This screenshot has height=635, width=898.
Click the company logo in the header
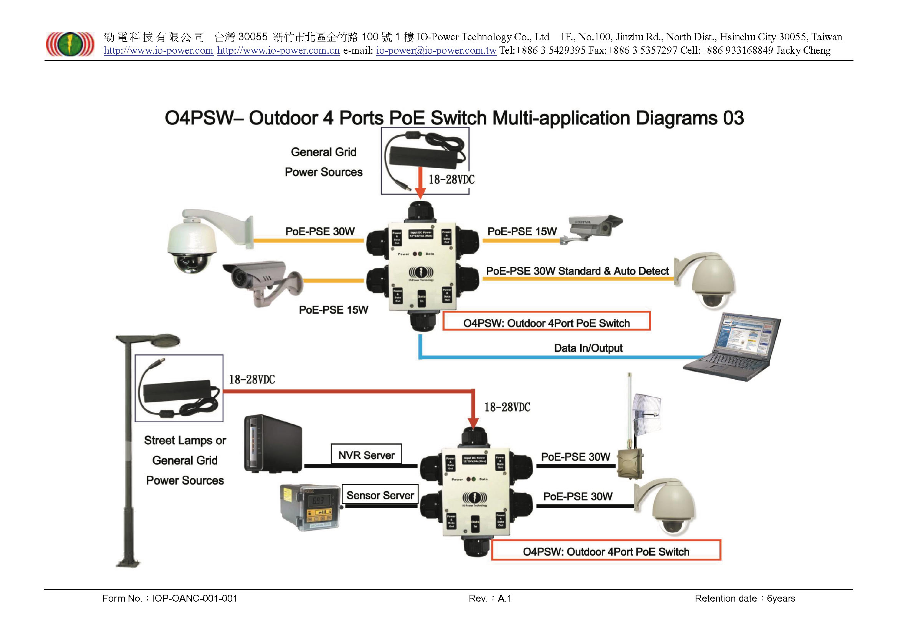pyautogui.click(x=70, y=44)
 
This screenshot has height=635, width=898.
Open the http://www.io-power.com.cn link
pyautogui.click(x=278, y=51)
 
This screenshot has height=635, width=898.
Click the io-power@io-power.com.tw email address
pyautogui.click(x=436, y=51)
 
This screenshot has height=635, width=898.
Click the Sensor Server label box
pyautogui.click(x=380, y=495)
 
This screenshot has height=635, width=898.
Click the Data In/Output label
pyautogui.click(x=588, y=348)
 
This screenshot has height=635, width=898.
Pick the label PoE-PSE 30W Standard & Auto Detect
pyautogui.click(x=577, y=271)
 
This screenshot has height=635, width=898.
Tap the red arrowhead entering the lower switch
pyautogui.click(x=473, y=423)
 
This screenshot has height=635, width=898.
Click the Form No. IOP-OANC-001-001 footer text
pyautogui.click(x=170, y=598)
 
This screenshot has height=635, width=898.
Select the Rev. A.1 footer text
pyautogui.click(x=490, y=598)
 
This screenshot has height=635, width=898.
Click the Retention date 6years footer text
pyautogui.click(x=745, y=598)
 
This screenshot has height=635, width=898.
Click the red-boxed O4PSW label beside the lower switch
pyautogui.click(x=605, y=551)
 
